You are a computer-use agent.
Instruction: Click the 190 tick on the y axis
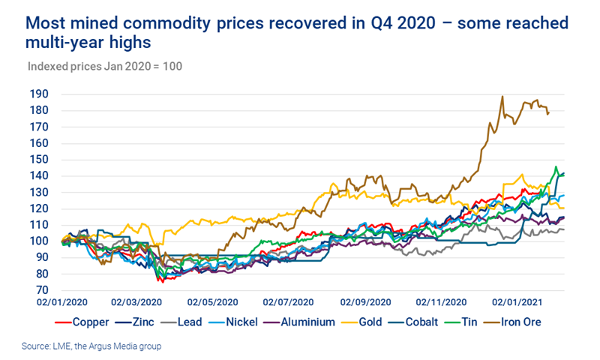[x=37, y=94]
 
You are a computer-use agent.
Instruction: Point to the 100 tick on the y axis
[x=37, y=241]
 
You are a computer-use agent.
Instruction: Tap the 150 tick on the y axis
[x=37, y=160]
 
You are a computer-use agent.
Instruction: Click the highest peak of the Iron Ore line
[x=502, y=96]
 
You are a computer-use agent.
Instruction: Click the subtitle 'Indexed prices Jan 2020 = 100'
[x=106, y=66]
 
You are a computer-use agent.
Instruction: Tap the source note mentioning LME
[x=91, y=346]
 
